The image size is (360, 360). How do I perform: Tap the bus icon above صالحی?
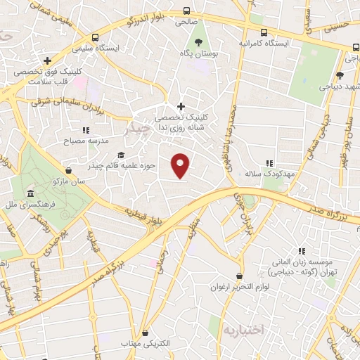[186, 11]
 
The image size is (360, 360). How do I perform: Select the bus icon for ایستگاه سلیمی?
[96, 37]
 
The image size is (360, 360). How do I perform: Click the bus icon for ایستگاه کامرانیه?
[264, 32]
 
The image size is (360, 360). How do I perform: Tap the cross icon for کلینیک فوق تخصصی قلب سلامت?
[47, 61]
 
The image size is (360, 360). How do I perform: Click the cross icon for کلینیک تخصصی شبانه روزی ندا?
[181, 105]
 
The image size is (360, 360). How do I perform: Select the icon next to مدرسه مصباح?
[86, 130]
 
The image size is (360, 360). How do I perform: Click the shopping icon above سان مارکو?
[67, 170]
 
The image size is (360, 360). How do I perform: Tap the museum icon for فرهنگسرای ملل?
[30, 194]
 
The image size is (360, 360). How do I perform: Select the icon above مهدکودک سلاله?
[269, 163]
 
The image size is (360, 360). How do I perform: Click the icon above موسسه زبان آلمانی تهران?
[302, 251]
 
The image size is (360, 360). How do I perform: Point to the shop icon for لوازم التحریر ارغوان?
[240, 276]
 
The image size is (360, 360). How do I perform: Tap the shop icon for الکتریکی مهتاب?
[146, 333]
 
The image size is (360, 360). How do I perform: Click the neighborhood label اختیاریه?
[243, 329]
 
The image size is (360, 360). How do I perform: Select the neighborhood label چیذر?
[136, 129]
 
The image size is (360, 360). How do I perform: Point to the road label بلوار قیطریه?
[139, 217]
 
